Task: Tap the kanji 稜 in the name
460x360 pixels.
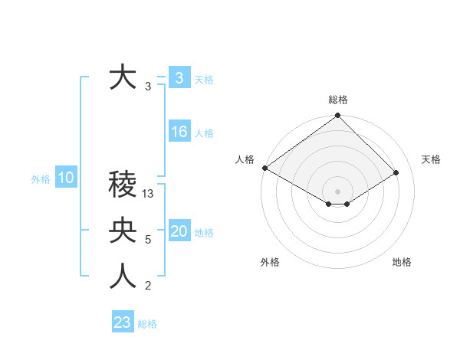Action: pos(123,185)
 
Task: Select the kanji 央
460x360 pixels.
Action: pos(123,231)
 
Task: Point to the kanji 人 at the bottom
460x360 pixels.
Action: pos(123,277)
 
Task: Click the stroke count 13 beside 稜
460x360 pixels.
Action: pos(148,194)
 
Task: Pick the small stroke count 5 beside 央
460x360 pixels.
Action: pos(148,240)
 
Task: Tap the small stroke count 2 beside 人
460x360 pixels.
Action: pos(148,286)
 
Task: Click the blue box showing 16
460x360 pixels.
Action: pos(179,132)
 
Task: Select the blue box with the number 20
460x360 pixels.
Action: pos(179,231)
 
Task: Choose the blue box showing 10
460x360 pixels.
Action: pos(65,178)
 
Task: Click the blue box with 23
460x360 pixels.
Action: pos(123,322)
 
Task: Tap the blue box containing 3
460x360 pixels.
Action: pos(179,77)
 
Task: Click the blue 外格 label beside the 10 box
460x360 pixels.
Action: pos(41,179)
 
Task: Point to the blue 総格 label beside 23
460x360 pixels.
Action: pos(147,324)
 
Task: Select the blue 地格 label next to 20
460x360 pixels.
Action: pos(204,233)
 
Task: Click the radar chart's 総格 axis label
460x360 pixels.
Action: pos(338,100)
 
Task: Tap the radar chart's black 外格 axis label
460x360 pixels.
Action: pos(270,262)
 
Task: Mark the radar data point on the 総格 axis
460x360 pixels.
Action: pos(338,116)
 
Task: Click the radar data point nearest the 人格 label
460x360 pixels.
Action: pos(264,168)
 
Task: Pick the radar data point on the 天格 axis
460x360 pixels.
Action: pos(396,172)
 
